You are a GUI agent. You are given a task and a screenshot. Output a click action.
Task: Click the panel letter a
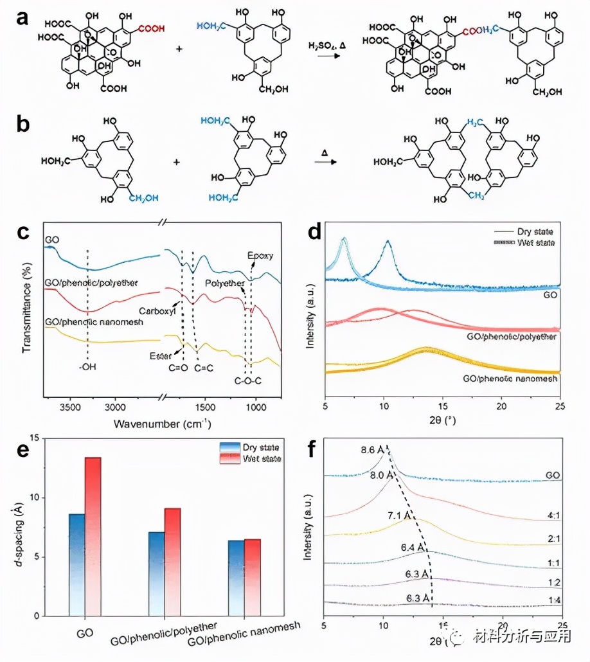pos(21,17)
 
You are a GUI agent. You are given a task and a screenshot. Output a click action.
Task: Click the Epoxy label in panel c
pos(260,255)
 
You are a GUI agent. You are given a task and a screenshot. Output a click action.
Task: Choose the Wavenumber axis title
pos(163,424)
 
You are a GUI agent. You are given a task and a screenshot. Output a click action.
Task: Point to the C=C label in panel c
pos(204,368)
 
